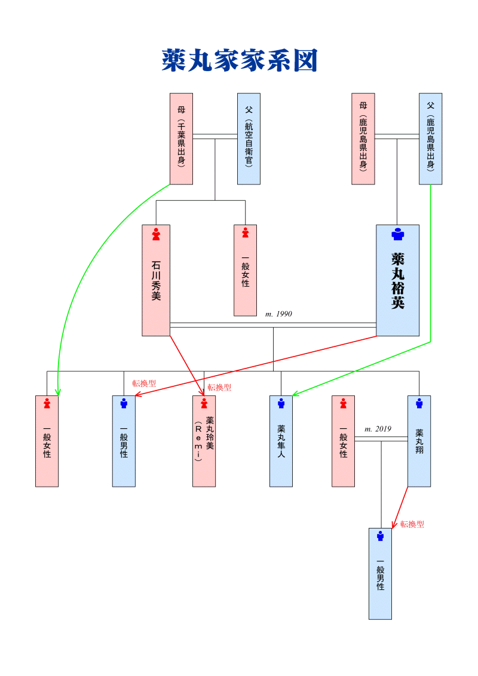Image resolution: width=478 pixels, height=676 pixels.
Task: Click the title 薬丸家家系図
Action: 239,61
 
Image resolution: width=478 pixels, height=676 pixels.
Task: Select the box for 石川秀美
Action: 156,280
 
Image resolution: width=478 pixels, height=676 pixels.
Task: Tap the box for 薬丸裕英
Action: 397,280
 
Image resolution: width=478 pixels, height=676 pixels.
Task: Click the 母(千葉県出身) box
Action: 181,139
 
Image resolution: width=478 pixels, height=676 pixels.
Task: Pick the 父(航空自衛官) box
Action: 249,139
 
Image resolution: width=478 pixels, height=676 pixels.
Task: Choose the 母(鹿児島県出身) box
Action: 363,139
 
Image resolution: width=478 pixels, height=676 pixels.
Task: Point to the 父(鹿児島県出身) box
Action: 430,139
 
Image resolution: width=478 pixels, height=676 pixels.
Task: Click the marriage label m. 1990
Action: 278,314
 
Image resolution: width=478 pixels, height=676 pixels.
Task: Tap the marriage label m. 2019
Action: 378,429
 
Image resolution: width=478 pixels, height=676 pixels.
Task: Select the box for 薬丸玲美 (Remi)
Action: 204,441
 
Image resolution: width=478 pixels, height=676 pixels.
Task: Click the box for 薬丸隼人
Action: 281,441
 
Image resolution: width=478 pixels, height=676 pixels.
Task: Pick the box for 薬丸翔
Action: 419,441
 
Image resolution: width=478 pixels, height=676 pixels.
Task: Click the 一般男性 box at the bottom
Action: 380,573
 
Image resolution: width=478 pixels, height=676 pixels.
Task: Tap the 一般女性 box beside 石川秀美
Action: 245,270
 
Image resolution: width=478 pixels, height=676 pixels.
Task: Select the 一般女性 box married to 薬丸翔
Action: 343,441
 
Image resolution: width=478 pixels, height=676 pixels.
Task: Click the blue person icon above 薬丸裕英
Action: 397,234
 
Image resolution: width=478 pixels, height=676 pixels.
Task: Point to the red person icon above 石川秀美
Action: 156,233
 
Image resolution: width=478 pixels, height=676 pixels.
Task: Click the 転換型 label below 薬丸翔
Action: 412,524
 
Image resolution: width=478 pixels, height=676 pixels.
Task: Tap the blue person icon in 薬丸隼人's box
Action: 281,404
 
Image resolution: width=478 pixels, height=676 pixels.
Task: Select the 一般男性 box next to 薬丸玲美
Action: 124,441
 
